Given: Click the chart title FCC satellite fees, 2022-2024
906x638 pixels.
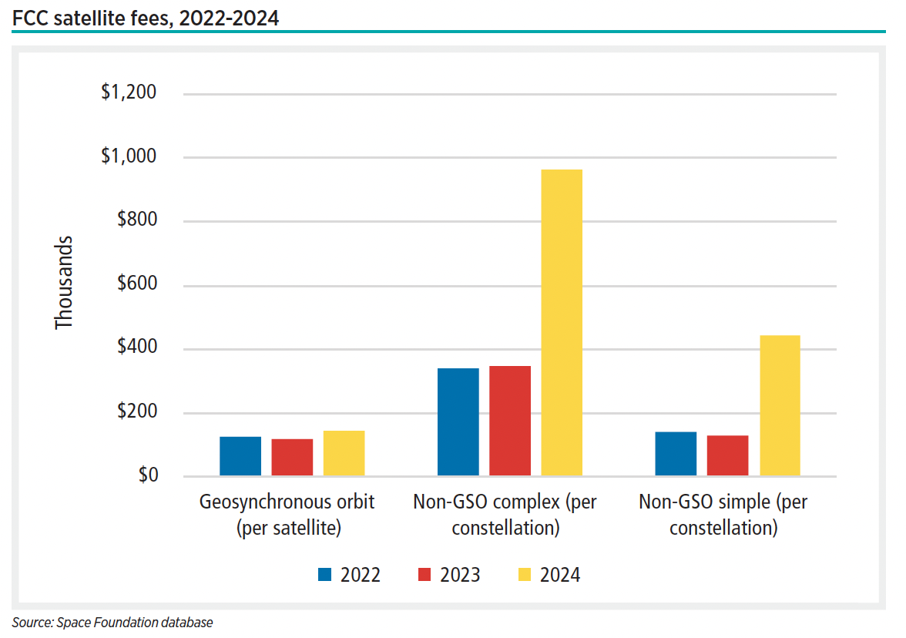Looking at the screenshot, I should [146, 17].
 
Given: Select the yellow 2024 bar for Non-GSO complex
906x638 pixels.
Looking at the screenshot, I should [562, 322].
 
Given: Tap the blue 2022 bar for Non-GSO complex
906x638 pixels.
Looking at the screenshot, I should [458, 421].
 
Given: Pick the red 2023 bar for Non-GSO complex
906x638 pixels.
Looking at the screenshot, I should [510, 421].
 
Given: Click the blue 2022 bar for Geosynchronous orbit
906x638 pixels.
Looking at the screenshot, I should [240, 456].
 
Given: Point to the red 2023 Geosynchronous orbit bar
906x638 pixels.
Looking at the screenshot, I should [292, 457].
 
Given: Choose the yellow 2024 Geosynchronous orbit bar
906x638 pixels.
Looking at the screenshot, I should [344, 453].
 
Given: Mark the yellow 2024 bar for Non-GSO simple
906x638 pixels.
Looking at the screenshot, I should [780, 405].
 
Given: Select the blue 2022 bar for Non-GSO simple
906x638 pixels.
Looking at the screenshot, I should [676, 454].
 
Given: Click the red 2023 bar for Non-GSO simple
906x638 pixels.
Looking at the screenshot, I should [727, 455].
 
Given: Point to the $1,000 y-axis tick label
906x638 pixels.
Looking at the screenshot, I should [129, 157].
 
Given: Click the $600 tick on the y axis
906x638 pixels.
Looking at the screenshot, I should [136, 284].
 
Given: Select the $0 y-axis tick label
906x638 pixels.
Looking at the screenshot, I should [147, 475].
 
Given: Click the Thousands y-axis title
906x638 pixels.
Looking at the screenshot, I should [64, 284].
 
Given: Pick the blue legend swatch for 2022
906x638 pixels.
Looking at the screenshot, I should [325, 575].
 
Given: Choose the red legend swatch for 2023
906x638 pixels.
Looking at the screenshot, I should [424, 575].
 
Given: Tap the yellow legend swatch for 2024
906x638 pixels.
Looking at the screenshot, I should [525, 575].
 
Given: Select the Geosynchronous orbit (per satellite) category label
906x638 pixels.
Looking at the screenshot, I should [287, 515].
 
